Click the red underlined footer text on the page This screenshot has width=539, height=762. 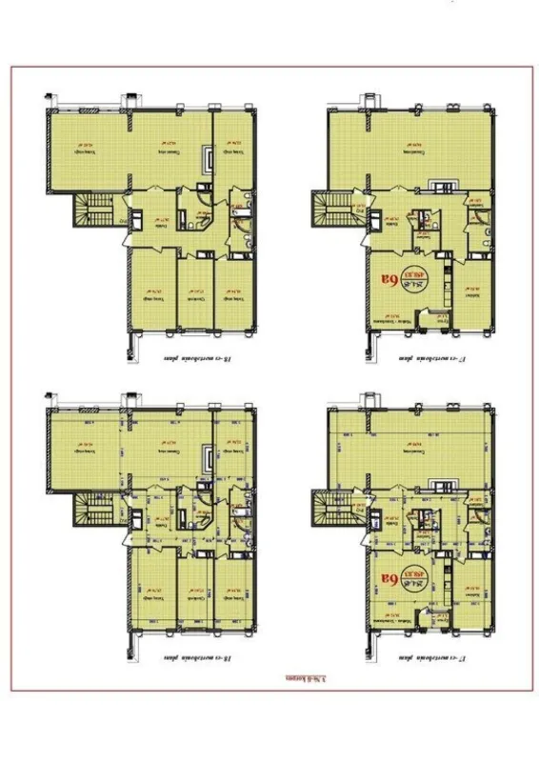click(x=304, y=680)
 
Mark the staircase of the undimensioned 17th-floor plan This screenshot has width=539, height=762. click(x=336, y=209)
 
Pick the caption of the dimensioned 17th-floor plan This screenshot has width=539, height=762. click(x=434, y=658)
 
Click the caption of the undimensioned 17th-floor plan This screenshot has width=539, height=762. click(x=434, y=359)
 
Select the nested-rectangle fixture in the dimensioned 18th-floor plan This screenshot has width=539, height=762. click(x=209, y=462)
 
